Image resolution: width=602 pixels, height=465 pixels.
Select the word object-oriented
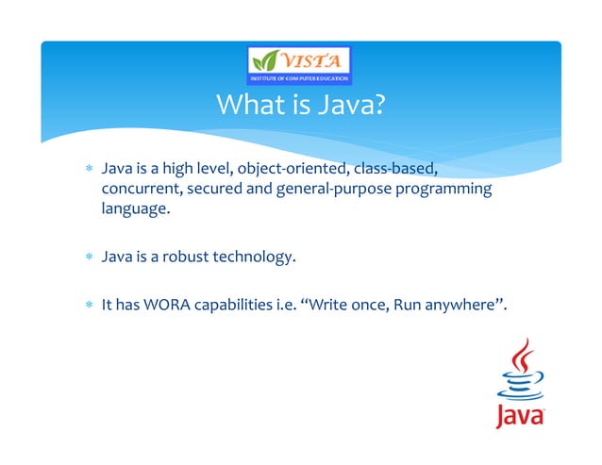coord(293,170)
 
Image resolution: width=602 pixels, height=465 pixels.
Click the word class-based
coord(396,170)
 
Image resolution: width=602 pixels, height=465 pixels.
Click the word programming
coord(442,190)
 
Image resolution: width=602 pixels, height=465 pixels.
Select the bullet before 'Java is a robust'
coord(87,257)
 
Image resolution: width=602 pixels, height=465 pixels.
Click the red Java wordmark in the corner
coord(519,415)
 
